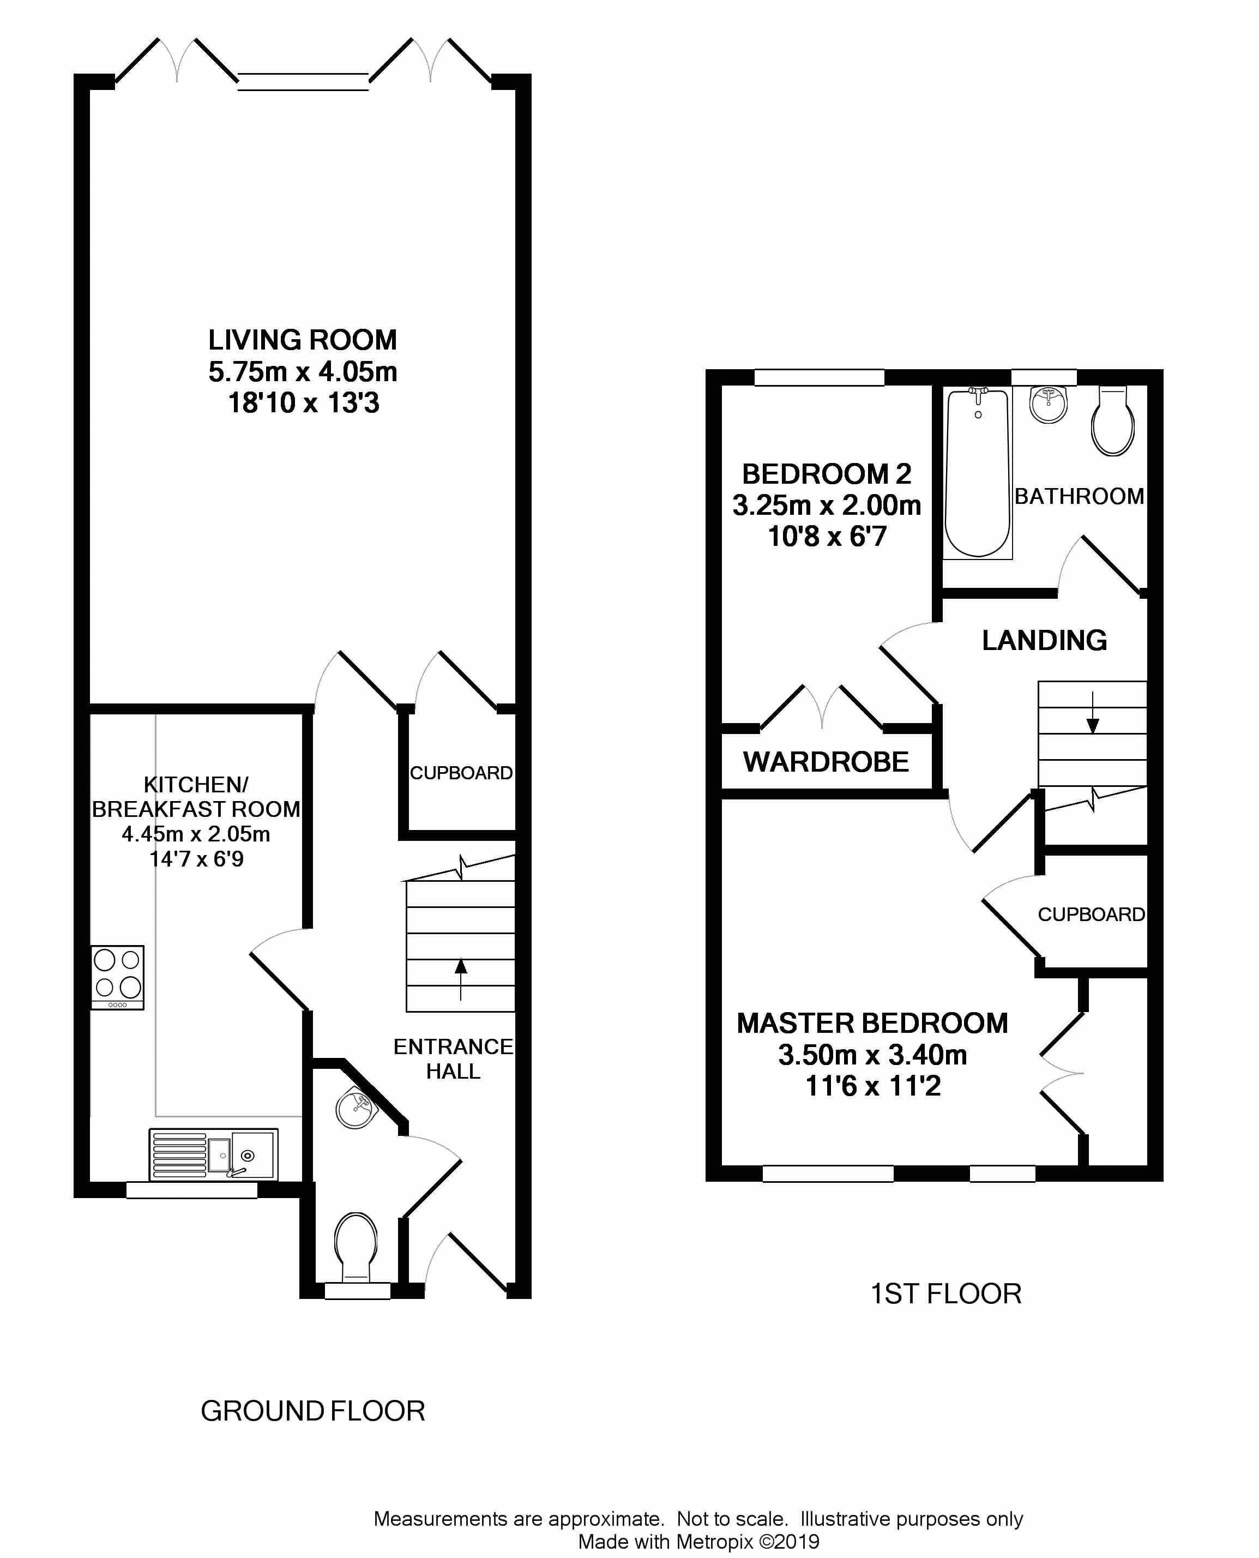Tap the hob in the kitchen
click(x=117, y=977)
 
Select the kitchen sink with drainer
click(x=213, y=1154)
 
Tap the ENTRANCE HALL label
click(x=453, y=1058)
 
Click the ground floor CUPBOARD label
click(x=461, y=773)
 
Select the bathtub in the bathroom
click(x=978, y=473)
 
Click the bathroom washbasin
click(x=1049, y=404)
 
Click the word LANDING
click(x=1044, y=640)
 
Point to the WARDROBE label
click(x=826, y=762)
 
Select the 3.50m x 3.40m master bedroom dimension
click(x=872, y=1055)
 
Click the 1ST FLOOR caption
click(x=945, y=1294)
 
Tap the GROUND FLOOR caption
click(x=312, y=1411)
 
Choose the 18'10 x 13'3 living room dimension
click(x=304, y=402)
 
